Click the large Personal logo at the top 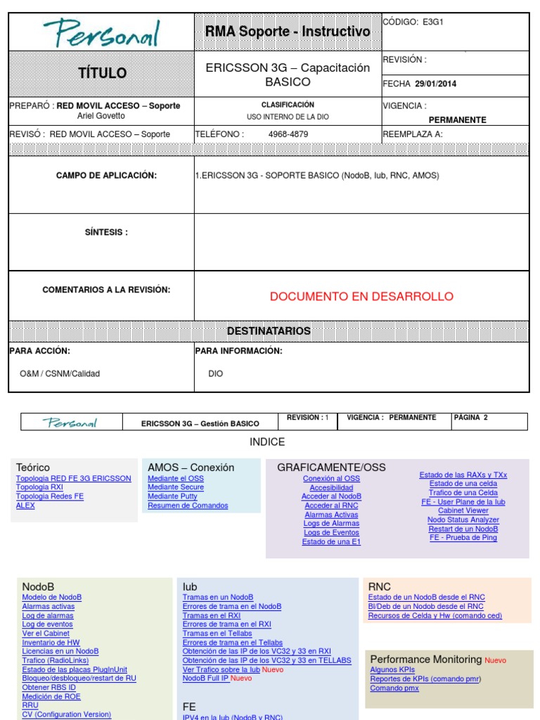(x=101, y=33)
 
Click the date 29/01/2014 (x=435, y=84)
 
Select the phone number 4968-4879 (x=288, y=134)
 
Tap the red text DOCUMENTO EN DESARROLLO (x=361, y=297)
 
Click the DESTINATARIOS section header (x=269, y=331)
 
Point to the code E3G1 (x=433, y=22)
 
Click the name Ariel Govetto (x=101, y=116)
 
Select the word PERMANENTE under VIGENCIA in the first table (x=457, y=120)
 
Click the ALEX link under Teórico (x=25, y=506)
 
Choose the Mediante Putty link (x=172, y=496)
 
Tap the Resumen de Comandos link (x=188, y=506)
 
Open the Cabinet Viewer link (x=463, y=510)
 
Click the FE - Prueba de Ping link (x=463, y=538)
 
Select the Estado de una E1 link (x=331, y=542)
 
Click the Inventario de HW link (x=51, y=643)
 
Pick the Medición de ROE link (x=51, y=697)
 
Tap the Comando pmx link (x=394, y=688)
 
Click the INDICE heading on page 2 (x=267, y=442)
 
